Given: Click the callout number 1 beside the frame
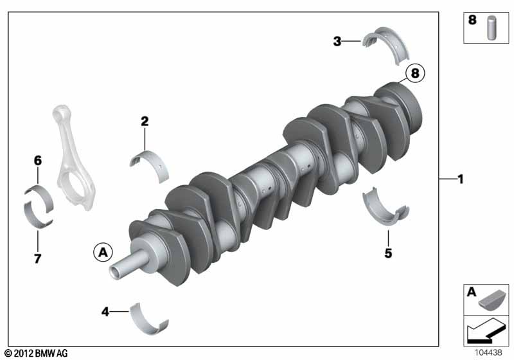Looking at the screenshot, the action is pos(461,179).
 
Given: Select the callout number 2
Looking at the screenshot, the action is pos(145,122).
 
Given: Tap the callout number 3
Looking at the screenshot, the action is pos(337,41).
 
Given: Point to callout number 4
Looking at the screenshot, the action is pos(105,312).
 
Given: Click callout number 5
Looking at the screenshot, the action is pos(388,253).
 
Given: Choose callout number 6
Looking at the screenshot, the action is pos(38,161).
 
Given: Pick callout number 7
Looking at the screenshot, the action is pos(38,258).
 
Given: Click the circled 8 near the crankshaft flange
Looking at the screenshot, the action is pos(415,73).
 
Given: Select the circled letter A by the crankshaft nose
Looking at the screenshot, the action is pos(103,253).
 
